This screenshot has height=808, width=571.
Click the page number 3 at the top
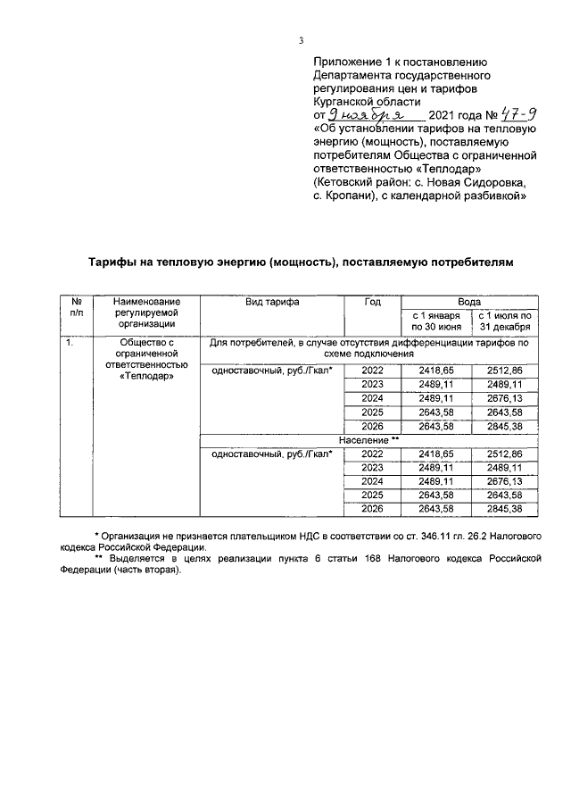click(301, 40)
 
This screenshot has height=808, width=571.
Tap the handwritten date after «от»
click(368, 114)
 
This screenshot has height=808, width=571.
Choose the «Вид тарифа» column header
click(272, 302)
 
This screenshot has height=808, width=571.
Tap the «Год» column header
click(372, 302)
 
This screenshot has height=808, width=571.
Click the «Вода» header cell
click(469, 302)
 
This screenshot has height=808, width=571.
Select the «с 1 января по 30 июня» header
click(436, 321)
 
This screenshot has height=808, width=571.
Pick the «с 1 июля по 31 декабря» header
click(505, 321)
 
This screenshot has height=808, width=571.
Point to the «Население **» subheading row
click(368, 440)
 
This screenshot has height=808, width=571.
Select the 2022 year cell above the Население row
click(372, 370)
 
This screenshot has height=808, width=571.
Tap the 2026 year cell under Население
click(372, 508)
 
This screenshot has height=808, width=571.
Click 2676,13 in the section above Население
click(505, 398)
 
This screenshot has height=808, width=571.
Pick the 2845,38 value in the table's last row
click(505, 508)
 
